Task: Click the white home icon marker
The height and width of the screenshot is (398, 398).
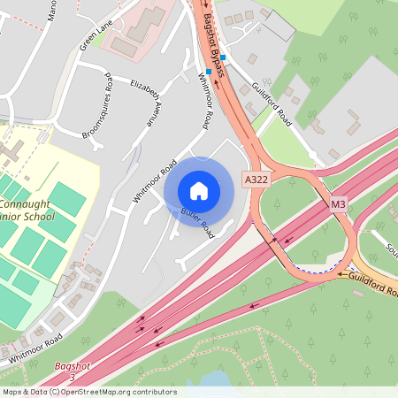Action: [x=199, y=191]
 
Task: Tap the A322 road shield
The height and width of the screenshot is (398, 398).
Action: [x=256, y=179]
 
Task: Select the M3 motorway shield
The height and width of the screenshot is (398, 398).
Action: [x=338, y=204]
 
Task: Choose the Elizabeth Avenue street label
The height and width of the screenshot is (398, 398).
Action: [x=148, y=98]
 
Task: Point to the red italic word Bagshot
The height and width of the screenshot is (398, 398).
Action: [x=73, y=365]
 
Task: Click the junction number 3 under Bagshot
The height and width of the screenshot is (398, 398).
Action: [x=73, y=377]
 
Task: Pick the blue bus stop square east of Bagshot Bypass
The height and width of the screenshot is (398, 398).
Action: [x=224, y=57]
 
